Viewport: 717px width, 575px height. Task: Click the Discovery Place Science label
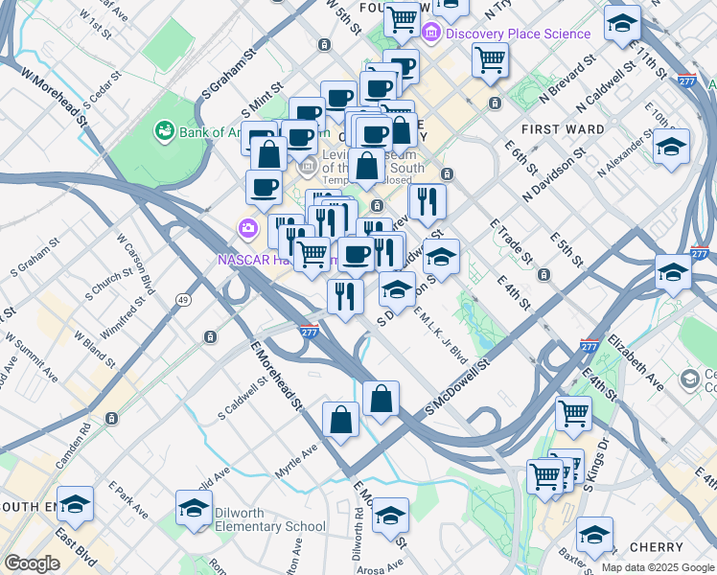518,34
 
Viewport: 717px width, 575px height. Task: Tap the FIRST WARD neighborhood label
563,128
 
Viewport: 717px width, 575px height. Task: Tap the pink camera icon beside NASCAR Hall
248,227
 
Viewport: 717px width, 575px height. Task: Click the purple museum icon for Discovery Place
432,34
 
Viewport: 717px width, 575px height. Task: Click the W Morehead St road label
46,96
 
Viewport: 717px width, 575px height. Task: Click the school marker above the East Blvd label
76,504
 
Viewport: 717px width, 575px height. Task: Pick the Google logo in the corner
32,563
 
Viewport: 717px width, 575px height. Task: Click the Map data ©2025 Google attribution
657,567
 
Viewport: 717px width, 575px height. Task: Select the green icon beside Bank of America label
165,129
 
